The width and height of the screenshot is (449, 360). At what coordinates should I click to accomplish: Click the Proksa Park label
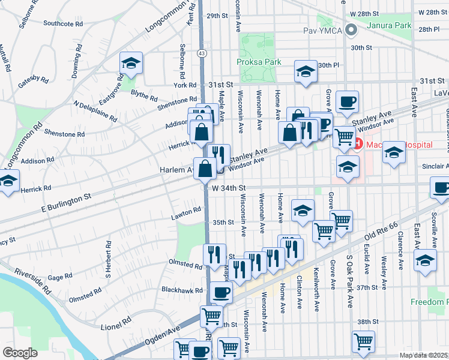[x=259, y=62]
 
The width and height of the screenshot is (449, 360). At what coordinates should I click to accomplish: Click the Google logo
[x=19, y=353]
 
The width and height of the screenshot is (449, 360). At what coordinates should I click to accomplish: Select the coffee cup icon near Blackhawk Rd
[x=221, y=292]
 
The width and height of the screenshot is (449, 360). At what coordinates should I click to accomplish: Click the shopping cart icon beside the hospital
[x=344, y=136]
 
